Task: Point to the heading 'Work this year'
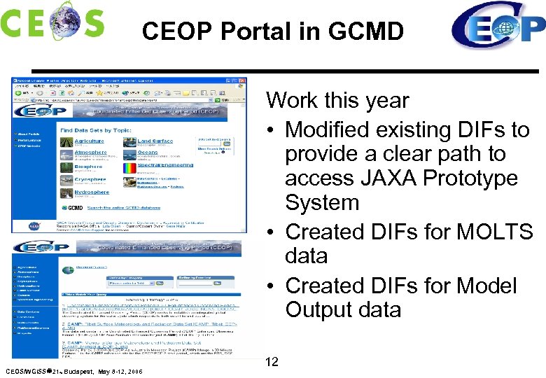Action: coord(337,100)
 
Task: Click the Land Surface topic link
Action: coord(155,141)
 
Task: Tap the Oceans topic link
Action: coord(148,152)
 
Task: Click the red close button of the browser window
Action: coord(242,80)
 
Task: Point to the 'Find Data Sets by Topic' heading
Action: coord(95,130)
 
